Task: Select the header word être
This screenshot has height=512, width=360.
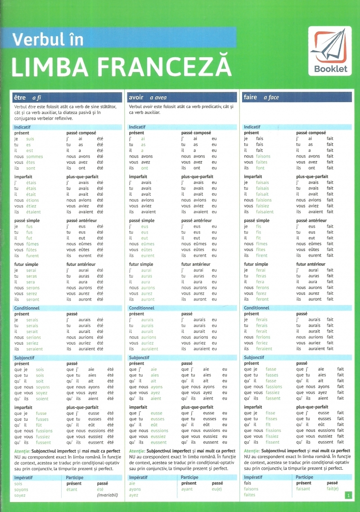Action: click(x=20, y=97)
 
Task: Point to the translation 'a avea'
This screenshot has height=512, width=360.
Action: click(x=158, y=98)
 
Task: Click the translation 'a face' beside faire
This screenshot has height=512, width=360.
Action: click(x=271, y=98)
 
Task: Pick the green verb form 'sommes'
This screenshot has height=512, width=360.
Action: click(x=35, y=157)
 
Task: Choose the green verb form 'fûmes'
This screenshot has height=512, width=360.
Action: click(x=32, y=244)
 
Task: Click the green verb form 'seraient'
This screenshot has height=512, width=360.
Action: click(x=35, y=349)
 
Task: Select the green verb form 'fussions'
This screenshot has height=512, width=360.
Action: click(x=44, y=431)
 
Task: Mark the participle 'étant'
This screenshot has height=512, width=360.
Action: click(x=72, y=489)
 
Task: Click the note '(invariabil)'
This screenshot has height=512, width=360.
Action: click(x=107, y=495)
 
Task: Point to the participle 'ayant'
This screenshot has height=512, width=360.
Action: click(x=187, y=489)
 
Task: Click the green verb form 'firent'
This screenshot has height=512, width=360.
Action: click(x=261, y=256)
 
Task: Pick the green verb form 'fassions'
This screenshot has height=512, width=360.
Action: click(x=274, y=386)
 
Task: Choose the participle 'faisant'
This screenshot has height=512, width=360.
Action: click(x=304, y=489)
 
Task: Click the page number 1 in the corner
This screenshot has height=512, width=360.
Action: click(x=348, y=495)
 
